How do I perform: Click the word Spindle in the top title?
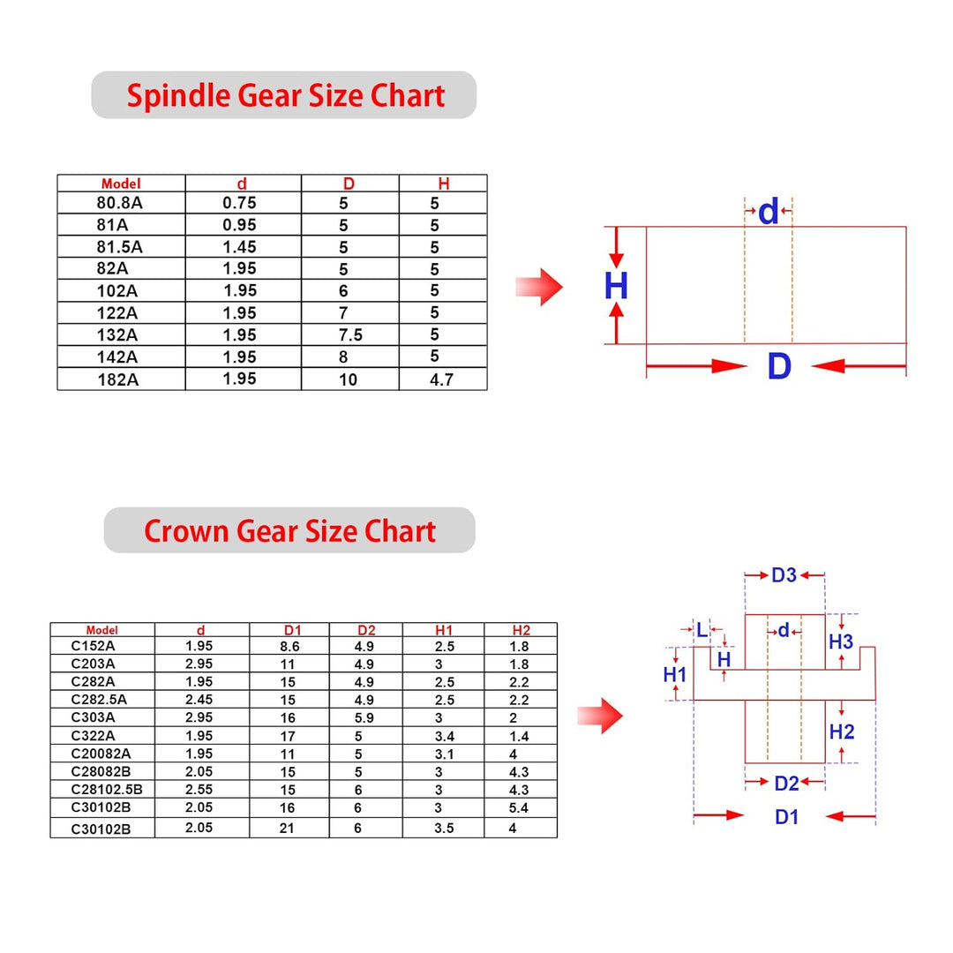pyautogui.click(x=178, y=96)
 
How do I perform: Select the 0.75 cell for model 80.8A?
pyautogui.click(x=239, y=203)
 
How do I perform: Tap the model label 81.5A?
pyautogui.click(x=119, y=247)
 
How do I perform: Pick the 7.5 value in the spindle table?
pyautogui.click(x=350, y=335)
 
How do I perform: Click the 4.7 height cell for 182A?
pyautogui.click(x=442, y=379)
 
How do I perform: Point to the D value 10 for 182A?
pyautogui.click(x=349, y=379)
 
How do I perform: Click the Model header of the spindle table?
pyautogui.click(x=121, y=184)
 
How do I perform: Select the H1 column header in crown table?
pyautogui.click(x=444, y=630)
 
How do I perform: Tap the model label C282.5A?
pyautogui.click(x=99, y=700)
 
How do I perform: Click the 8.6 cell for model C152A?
pyautogui.click(x=290, y=647)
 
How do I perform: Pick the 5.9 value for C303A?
pyautogui.click(x=364, y=717)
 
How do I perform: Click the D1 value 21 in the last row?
pyautogui.click(x=287, y=829)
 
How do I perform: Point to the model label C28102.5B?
pyautogui.click(x=107, y=790)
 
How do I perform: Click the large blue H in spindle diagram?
pyautogui.click(x=616, y=286)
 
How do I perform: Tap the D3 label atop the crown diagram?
pyautogui.click(x=784, y=575)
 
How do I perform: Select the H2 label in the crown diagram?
pyautogui.click(x=842, y=732)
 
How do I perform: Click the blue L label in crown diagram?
pyautogui.click(x=702, y=630)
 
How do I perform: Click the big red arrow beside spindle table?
pyautogui.click(x=539, y=287)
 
